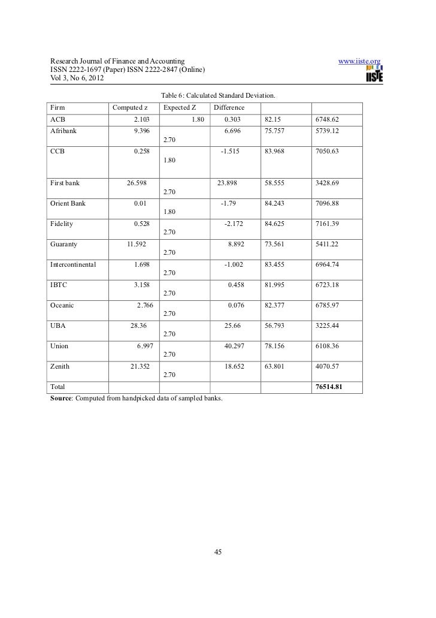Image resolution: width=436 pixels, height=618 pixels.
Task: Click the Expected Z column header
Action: [180, 108]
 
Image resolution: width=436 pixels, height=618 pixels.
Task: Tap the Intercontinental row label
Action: [75, 264]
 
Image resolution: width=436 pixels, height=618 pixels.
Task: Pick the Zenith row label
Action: [62, 366]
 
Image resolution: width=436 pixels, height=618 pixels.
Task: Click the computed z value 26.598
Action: [134, 182]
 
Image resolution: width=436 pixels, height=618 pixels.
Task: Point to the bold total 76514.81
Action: [328, 387]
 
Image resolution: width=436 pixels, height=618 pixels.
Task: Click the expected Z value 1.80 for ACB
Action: [198, 119]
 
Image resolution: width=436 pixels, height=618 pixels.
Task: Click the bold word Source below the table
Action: [59, 397]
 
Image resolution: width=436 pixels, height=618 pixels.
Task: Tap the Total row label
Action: [58, 387]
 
